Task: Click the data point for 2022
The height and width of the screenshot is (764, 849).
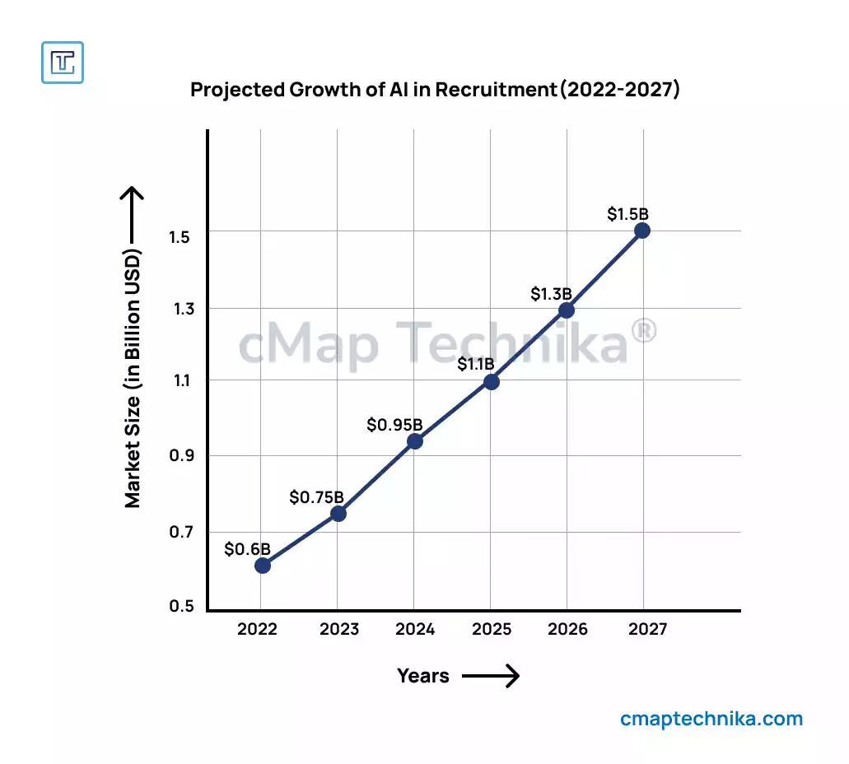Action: tap(263, 566)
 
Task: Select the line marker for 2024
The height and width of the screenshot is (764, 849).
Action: tap(415, 441)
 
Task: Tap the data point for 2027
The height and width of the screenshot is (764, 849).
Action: tap(642, 231)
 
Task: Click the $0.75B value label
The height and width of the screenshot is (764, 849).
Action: tap(316, 497)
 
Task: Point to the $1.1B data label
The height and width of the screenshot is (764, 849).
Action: tap(476, 364)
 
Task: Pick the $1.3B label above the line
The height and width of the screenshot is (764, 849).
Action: tap(551, 294)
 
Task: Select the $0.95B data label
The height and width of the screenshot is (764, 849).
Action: tap(394, 425)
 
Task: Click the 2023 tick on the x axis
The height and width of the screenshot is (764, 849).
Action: tap(339, 630)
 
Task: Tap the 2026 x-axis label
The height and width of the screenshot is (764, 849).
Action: tap(567, 630)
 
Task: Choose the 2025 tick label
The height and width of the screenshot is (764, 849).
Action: tap(492, 630)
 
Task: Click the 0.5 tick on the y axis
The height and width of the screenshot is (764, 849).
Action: tap(182, 607)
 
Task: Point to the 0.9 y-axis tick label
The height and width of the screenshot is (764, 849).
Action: tap(182, 456)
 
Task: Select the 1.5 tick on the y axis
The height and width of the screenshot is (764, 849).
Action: tap(182, 237)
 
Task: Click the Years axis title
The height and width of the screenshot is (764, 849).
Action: tap(423, 676)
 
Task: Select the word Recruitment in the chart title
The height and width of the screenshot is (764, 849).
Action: tap(496, 90)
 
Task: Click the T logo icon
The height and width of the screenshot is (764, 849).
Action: tap(63, 62)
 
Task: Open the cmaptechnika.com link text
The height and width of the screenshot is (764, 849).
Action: tap(711, 719)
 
